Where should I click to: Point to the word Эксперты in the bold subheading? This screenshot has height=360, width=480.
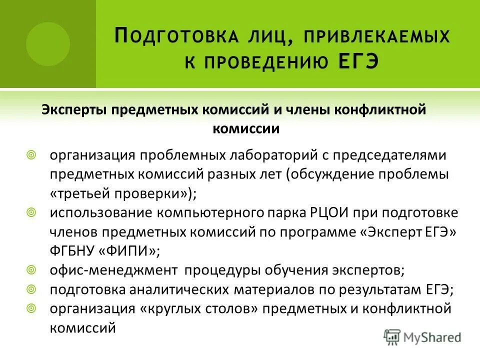point(74,110)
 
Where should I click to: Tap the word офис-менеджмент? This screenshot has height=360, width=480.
point(113,270)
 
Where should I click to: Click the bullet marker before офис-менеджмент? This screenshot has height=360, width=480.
point(31,270)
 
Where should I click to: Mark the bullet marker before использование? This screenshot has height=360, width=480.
point(31,212)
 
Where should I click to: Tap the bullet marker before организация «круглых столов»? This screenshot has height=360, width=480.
point(31,308)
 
